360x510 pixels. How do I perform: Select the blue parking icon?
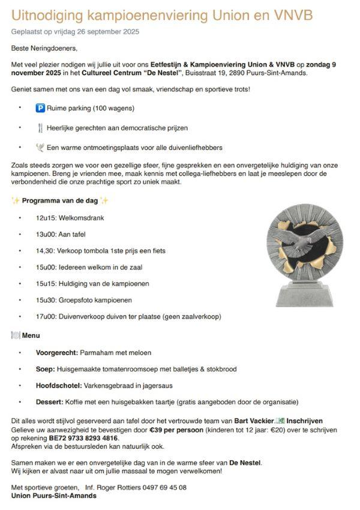tap(40, 109)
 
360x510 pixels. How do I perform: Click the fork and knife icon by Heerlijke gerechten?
tap(40, 128)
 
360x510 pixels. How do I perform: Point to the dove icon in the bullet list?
tap(40, 147)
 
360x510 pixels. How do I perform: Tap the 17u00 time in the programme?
tap(44, 316)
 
